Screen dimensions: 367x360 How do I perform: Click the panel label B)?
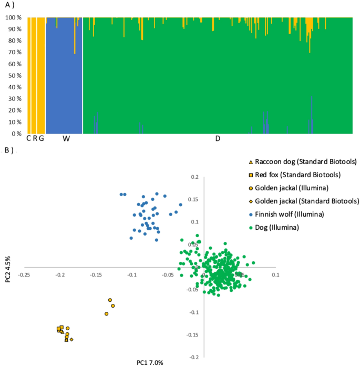click(8, 150)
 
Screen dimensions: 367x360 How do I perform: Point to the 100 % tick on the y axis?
click(13, 18)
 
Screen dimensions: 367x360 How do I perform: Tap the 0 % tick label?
click(16, 134)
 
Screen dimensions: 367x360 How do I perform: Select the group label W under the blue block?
click(66, 139)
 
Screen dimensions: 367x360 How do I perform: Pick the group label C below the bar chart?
click(29, 139)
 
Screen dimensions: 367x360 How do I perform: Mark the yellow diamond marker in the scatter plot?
click(71, 340)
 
